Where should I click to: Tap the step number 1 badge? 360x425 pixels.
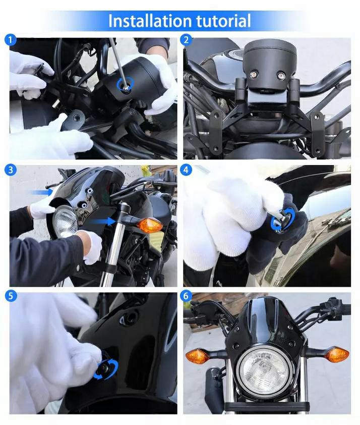click(11, 40)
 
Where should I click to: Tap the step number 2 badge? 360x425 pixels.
click(186, 40)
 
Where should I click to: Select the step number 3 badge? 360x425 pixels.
click(11, 170)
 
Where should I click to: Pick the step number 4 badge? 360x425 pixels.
click(186, 170)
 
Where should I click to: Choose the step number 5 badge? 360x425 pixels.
click(11, 296)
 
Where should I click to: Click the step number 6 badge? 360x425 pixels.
click(186, 296)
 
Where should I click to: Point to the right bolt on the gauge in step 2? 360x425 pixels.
click(281, 74)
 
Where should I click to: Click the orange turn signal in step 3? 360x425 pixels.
click(149, 225)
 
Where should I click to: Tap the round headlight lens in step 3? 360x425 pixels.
click(65, 221)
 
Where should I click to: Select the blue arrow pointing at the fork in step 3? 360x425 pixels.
click(102, 222)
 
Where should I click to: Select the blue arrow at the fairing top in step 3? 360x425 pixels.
click(41, 192)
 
